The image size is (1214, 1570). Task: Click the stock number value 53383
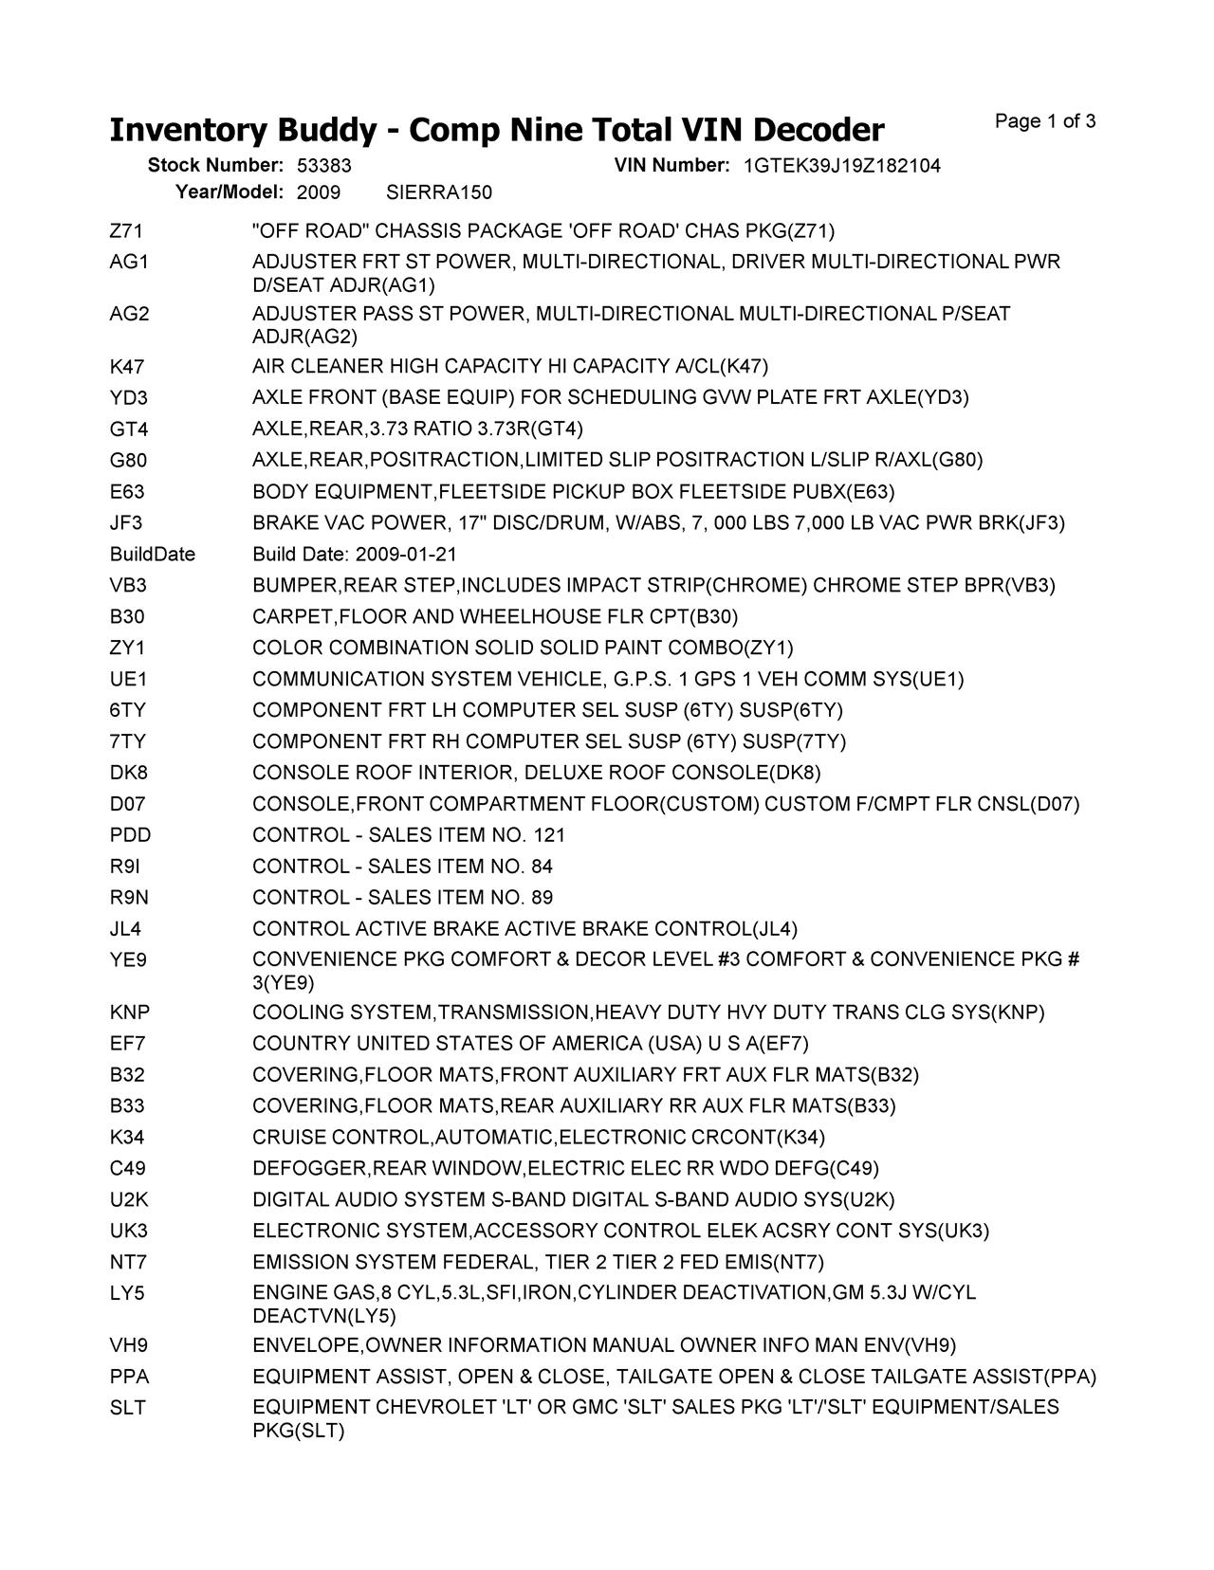[324, 166]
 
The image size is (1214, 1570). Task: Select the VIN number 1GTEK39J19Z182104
[842, 166]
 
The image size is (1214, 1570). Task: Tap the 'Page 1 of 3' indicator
[1045, 121]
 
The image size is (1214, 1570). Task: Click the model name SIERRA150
[440, 193]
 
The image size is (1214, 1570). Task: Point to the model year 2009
[319, 193]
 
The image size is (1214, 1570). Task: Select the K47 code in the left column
[127, 367]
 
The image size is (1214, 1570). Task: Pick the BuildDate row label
[153, 555]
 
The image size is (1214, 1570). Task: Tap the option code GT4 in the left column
[129, 429]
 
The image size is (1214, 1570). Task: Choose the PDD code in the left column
[130, 835]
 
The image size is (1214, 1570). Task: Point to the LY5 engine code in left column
[127, 1293]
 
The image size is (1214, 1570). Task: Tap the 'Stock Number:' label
[215, 166]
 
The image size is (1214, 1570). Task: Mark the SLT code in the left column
[128, 1408]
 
